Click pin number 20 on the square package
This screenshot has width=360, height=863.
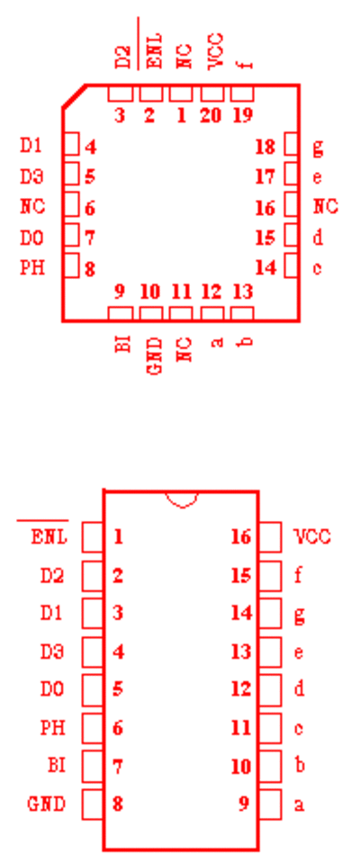[x=211, y=115]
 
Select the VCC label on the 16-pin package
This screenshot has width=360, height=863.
[x=312, y=536]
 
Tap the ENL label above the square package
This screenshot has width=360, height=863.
[x=156, y=51]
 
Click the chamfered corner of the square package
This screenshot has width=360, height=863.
[x=74, y=95]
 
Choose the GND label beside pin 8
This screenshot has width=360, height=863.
[x=46, y=805]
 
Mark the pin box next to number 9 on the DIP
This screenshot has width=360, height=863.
[x=270, y=805]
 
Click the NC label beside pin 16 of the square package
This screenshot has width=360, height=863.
[x=325, y=207]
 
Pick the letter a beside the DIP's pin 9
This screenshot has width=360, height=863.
[x=299, y=805]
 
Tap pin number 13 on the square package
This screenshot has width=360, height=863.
[x=243, y=292]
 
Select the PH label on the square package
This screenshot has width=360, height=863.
[x=32, y=267]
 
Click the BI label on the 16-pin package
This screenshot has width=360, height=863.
[x=56, y=765]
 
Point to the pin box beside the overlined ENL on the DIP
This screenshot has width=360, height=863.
[x=93, y=536]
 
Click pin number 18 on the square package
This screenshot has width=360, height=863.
[x=265, y=147]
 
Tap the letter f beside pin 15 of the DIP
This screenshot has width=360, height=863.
[x=298, y=575]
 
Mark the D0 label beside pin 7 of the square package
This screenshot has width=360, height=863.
[x=32, y=238]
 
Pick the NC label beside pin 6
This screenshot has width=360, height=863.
[x=32, y=207]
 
